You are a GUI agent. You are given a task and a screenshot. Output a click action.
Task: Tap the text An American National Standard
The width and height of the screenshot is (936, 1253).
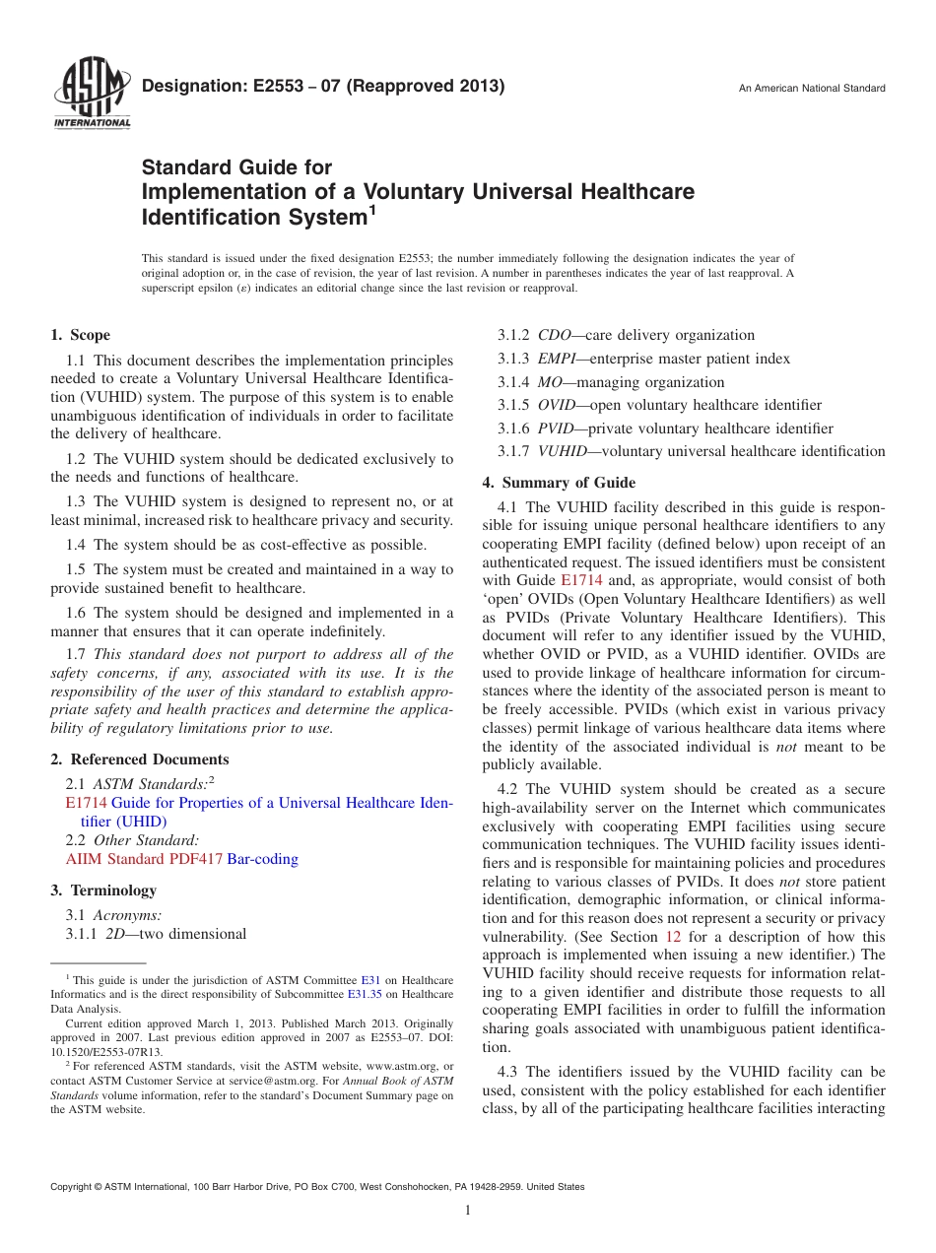(x=811, y=89)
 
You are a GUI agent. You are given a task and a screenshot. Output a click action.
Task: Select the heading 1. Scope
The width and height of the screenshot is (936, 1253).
(x=81, y=335)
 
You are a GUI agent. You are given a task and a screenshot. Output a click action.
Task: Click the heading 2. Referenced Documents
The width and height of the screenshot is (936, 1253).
(x=140, y=759)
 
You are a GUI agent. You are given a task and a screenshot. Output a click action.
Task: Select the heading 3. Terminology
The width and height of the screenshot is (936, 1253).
(x=103, y=890)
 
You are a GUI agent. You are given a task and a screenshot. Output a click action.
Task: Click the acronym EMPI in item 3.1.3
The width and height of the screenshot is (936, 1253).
(x=557, y=359)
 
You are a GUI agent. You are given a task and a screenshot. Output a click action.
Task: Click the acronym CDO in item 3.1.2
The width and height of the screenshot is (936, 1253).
(x=554, y=335)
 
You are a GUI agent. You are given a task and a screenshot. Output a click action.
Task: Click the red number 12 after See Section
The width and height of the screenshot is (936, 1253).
(x=673, y=937)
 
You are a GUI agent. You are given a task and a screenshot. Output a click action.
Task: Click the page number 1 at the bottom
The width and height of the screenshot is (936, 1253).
(x=468, y=1211)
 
